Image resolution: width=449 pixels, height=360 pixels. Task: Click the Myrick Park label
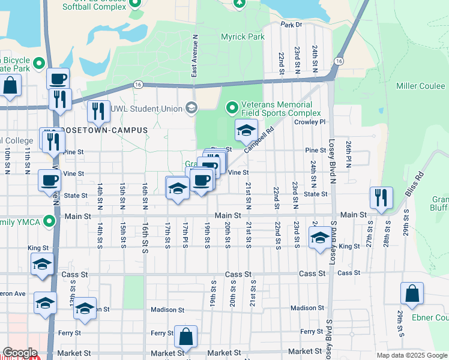[x=242, y=37]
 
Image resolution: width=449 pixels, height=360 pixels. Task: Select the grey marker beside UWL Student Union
[x=191, y=108]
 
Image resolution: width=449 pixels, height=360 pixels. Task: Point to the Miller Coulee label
[x=420, y=86]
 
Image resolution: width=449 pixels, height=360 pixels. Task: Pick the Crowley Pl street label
[x=310, y=122]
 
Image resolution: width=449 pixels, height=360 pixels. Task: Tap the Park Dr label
[x=291, y=25]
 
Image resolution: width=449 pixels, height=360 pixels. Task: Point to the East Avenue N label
[x=194, y=55]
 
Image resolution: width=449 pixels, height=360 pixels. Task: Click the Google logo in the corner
[x=20, y=353]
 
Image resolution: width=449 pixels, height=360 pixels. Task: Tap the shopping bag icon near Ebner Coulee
[x=412, y=293]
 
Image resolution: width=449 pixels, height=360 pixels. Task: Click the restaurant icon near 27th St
[x=381, y=197]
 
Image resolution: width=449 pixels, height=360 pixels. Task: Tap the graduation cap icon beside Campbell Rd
[x=246, y=130]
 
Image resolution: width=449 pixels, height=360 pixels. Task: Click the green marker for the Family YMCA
[x=50, y=222]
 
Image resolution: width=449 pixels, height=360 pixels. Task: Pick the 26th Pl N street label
[x=348, y=154]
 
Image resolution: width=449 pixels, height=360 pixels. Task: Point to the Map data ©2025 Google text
[x=412, y=355]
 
